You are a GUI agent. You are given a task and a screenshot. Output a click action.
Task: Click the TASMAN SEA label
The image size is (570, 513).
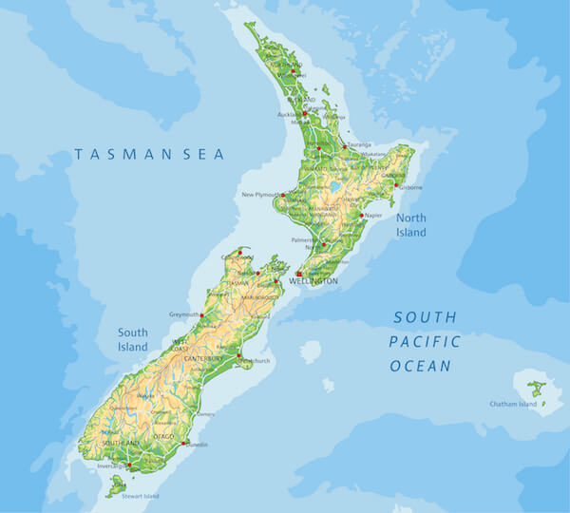point(150,154)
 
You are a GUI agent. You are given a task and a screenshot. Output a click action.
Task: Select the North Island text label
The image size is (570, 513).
point(411,226)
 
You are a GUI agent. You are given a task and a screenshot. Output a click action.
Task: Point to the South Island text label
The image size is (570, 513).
point(133,340)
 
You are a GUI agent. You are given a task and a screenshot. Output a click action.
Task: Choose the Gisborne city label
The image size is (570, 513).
point(409,187)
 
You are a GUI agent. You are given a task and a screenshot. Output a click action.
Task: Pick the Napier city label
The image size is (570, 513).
point(373,216)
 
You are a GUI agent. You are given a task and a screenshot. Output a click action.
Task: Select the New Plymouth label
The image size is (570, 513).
point(259,195)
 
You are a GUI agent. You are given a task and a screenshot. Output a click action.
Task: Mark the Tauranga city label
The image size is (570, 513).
point(358,144)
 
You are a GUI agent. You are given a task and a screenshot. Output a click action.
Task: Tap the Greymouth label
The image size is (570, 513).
point(184,314)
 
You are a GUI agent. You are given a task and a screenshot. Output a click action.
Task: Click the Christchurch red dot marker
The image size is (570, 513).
point(238,358)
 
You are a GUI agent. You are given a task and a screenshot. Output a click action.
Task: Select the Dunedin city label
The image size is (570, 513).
point(197,445)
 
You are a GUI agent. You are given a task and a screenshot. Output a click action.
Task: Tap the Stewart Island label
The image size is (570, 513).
point(140,496)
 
